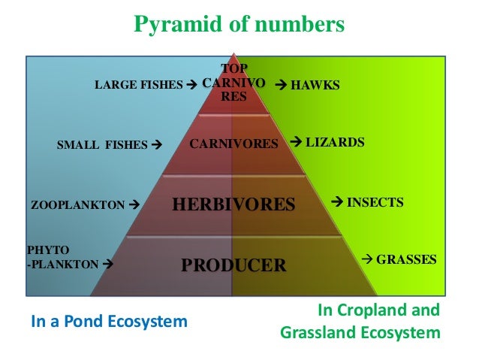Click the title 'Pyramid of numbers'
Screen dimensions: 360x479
click(239, 25)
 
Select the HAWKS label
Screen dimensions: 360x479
click(315, 86)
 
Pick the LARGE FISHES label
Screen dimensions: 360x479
click(139, 86)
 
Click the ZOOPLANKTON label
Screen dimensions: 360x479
click(77, 204)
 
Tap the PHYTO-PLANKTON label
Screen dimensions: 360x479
click(63, 257)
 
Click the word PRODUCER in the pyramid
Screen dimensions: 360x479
click(234, 265)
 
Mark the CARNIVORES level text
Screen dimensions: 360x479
click(233, 143)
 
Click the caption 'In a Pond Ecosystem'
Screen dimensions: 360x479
click(108, 322)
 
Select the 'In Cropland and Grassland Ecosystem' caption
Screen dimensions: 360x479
click(360, 321)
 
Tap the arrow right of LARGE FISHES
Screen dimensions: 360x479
click(191, 86)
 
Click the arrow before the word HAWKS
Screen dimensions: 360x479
click(282, 86)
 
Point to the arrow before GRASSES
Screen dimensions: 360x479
click(368, 259)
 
